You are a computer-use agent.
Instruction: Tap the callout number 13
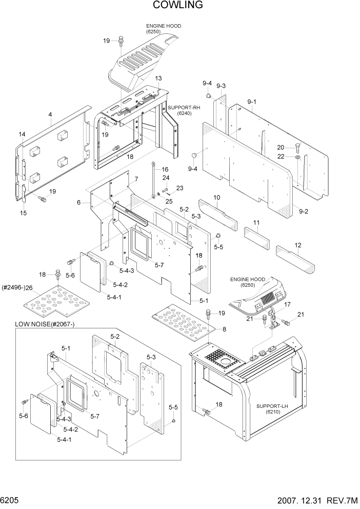[x=158, y=78]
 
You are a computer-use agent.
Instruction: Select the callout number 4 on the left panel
[x=50, y=115]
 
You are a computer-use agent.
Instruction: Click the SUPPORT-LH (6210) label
[x=270, y=409]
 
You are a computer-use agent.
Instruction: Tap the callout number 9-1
[x=252, y=103]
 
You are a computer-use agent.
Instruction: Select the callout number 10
[x=217, y=197]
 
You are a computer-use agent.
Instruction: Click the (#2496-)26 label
[x=17, y=287]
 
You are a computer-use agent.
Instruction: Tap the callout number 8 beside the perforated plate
[x=224, y=329]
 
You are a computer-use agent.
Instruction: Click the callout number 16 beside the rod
[x=165, y=169]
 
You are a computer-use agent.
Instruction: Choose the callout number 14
[x=22, y=134]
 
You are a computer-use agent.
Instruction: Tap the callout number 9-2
[x=304, y=211]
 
